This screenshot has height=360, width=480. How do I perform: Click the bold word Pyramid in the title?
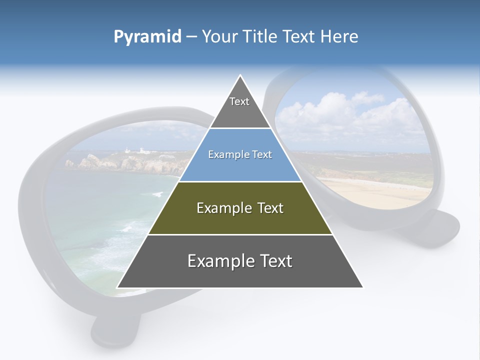[x=147, y=37]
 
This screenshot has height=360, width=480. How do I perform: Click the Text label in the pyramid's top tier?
[x=239, y=101]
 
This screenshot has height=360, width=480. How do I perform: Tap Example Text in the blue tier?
[x=240, y=154]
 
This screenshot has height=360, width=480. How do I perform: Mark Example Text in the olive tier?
[x=240, y=208]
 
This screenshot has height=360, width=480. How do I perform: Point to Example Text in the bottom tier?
[x=240, y=261]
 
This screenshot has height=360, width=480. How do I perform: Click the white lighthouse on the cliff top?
[x=128, y=149]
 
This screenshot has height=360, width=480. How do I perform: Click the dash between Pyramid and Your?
[x=191, y=37]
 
